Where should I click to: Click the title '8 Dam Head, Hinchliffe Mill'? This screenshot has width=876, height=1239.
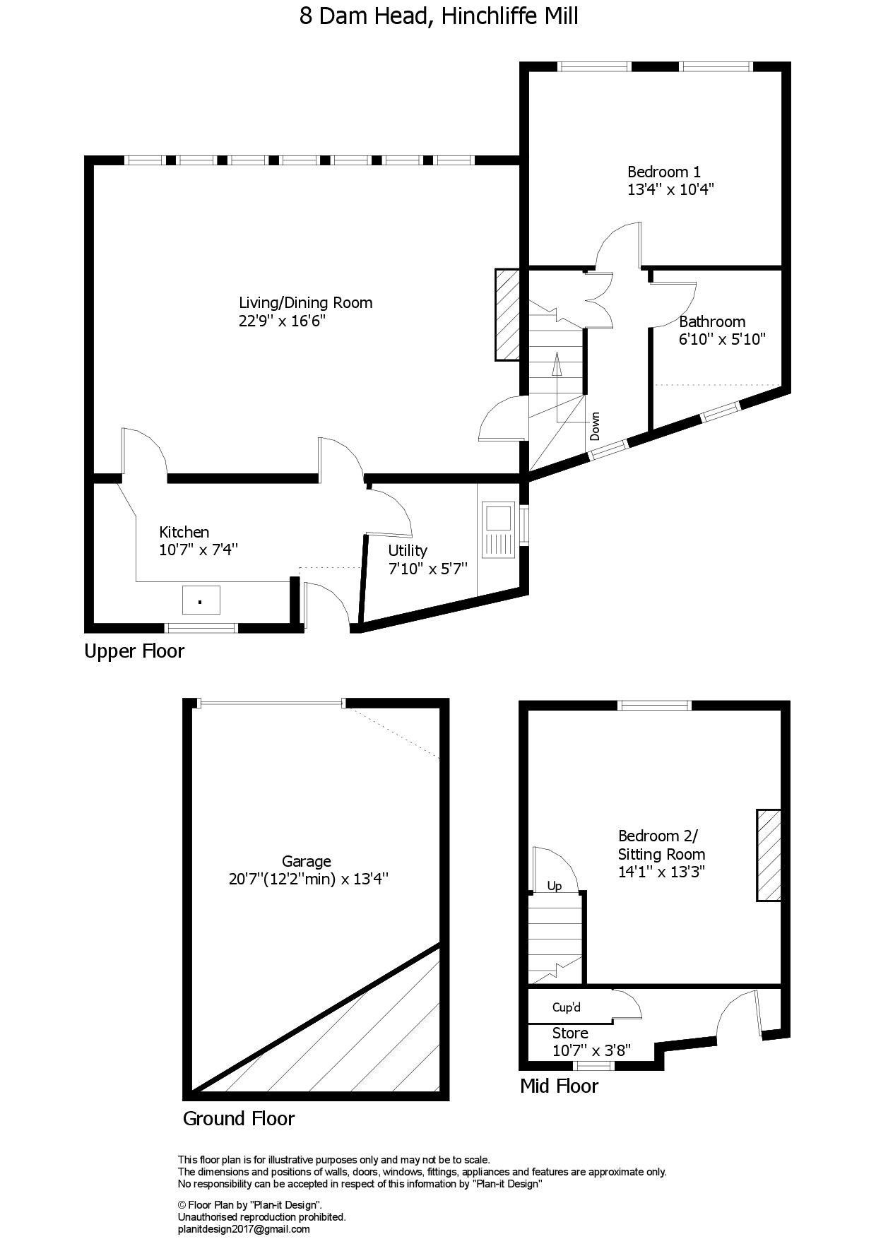coord(439,16)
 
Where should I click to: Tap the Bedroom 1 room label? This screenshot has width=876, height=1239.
coord(664,172)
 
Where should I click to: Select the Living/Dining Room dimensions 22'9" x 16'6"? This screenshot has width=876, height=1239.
coord(282,321)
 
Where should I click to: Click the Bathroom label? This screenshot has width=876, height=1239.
coord(712,322)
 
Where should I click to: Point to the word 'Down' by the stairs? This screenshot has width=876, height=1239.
coord(595,426)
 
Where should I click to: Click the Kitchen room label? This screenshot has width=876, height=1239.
coord(184,532)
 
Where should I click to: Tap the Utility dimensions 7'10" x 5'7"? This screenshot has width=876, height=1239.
coord(428,569)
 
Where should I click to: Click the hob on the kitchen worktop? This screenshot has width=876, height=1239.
coord(201,600)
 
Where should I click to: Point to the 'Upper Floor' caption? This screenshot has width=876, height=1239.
coord(134,651)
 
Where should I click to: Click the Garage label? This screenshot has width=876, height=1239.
coord(307,862)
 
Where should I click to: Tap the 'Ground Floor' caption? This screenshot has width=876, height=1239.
coord(239,1118)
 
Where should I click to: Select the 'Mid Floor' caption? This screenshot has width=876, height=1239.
coord(559,1086)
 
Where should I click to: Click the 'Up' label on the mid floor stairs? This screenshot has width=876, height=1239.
coord(555,886)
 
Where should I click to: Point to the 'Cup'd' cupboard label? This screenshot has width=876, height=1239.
coord(567,1007)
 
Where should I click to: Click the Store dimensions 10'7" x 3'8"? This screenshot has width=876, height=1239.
coord(591,1051)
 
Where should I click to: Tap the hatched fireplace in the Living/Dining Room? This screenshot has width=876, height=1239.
coord(508,314)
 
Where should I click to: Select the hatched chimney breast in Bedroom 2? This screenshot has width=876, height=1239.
coord(769,855)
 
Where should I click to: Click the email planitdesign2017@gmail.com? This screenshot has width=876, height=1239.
coord(244,1229)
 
